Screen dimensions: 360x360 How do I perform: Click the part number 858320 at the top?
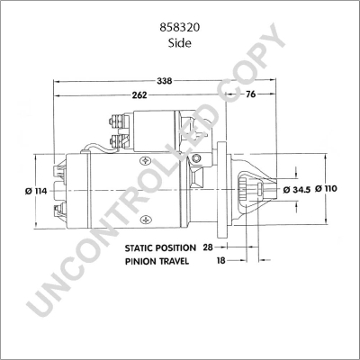[x=180, y=28]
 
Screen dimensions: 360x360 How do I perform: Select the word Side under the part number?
[x=180, y=43]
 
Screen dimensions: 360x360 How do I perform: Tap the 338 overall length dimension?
[x=165, y=81]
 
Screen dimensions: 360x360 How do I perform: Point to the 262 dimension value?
[x=139, y=95]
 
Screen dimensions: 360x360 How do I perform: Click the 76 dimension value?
[x=250, y=94]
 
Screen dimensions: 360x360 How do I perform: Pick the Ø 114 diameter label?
[x=36, y=191]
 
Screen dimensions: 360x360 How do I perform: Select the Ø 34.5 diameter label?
[x=297, y=190]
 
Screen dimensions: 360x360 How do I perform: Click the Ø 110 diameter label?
[x=326, y=189]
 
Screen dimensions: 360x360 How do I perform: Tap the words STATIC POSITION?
[x=160, y=248]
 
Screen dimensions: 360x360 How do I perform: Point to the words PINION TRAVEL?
[x=157, y=261]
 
